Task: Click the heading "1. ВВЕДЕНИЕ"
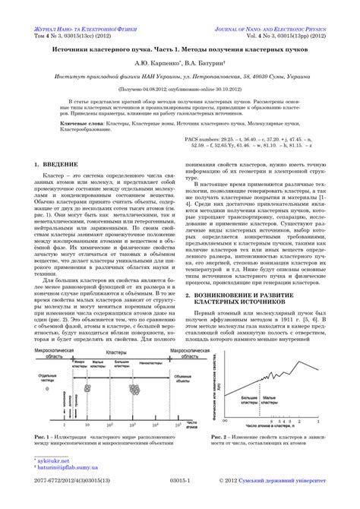click(x=59, y=185)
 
